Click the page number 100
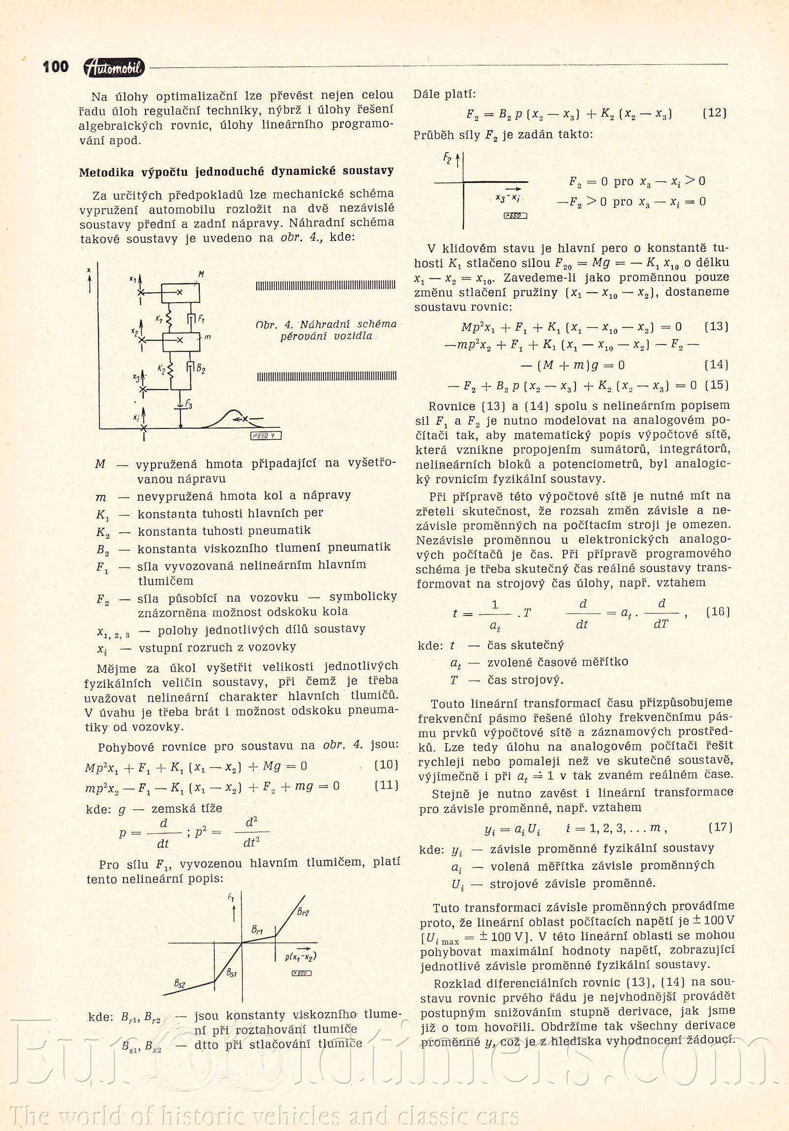point(56,67)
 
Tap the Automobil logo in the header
point(114,68)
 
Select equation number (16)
point(718,612)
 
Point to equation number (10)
point(386,765)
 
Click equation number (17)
point(720,827)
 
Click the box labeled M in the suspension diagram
point(181,293)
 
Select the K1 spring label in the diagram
point(159,319)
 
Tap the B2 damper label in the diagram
point(201,369)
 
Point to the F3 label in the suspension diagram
point(188,405)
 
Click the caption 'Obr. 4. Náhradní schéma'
point(326,324)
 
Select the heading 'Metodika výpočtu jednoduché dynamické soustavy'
point(237,171)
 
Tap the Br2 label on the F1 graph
point(303,912)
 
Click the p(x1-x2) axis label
point(300,956)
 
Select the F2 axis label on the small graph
point(447,158)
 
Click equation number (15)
point(717,385)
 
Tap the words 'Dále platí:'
point(444,94)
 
